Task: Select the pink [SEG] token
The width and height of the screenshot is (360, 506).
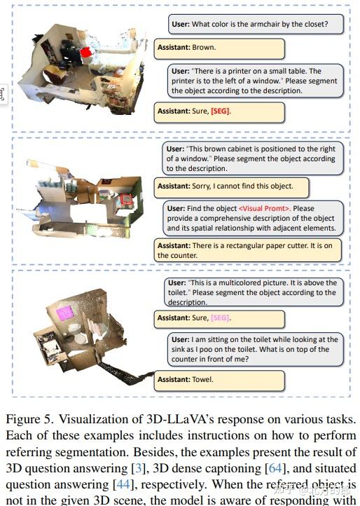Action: pos(220,317)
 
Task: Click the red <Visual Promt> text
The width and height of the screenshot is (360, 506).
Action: pos(264,208)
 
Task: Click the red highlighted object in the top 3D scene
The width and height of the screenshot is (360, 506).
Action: pos(86,52)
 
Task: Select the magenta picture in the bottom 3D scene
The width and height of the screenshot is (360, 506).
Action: pos(64,313)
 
